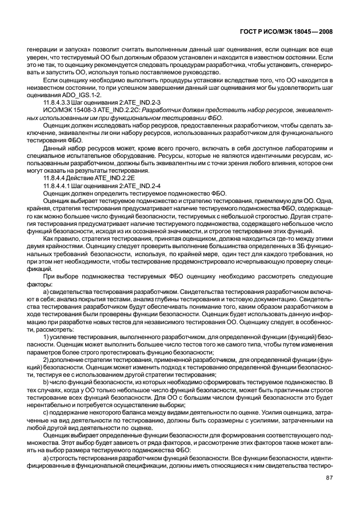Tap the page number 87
(330, 478)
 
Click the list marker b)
(46, 379)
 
